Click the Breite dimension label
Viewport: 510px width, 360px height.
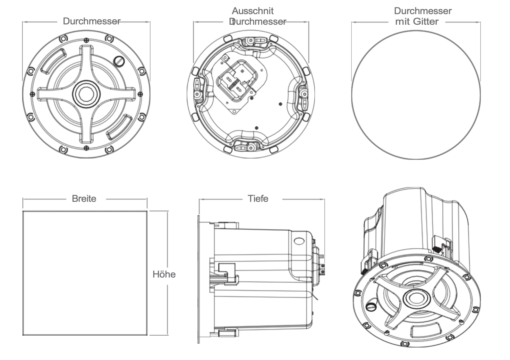coord(84,199)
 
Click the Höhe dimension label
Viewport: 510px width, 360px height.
coord(164,274)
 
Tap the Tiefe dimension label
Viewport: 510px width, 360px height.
coord(258,199)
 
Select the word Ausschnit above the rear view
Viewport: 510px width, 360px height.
coord(253,11)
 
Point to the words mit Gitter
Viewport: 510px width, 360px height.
coord(417,22)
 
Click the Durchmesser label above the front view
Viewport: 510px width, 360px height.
coord(91,21)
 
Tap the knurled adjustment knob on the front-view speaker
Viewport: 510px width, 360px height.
coord(119,61)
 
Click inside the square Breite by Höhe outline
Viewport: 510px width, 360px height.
coord(85,273)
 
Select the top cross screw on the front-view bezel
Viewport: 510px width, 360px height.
coord(86,40)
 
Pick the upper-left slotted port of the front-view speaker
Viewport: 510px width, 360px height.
coord(53,59)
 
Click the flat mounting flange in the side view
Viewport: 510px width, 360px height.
coord(199,279)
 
